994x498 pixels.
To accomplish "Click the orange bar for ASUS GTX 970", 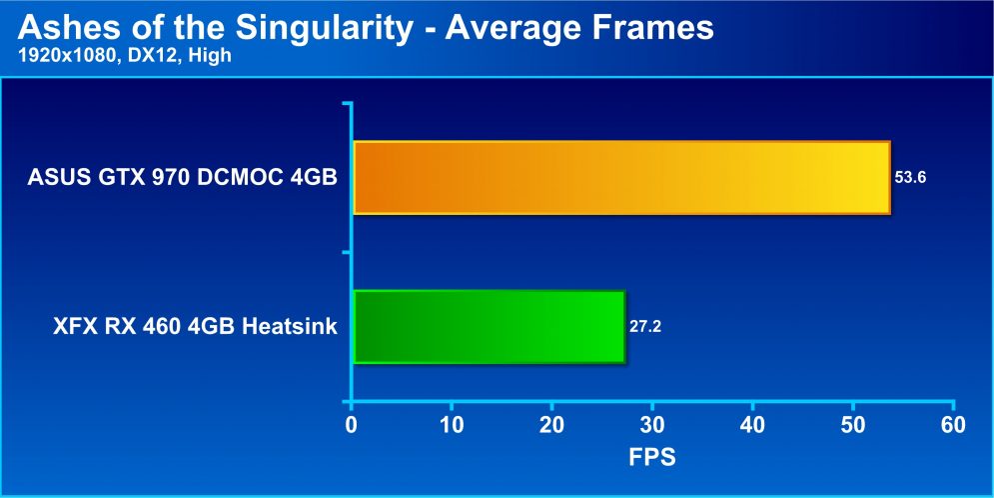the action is (x=622, y=178).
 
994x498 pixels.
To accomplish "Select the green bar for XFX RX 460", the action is (x=489, y=327).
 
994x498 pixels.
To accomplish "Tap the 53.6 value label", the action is (x=910, y=178).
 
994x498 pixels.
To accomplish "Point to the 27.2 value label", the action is (x=645, y=327).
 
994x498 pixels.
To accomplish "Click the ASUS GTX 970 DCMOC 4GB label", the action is (x=182, y=178).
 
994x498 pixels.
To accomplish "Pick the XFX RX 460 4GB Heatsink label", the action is (x=195, y=327).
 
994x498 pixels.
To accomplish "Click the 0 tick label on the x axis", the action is (x=352, y=426).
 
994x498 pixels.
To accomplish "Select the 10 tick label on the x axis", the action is (x=452, y=426).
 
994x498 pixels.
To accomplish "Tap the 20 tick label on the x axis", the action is (x=552, y=426).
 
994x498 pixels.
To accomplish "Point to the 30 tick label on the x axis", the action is (x=652, y=426).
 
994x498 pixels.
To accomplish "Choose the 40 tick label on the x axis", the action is (x=752, y=426).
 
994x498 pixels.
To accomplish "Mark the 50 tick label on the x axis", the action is (x=852, y=426).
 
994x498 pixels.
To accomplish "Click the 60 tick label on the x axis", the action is (x=953, y=426).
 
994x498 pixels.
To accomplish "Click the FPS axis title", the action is (x=652, y=457).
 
